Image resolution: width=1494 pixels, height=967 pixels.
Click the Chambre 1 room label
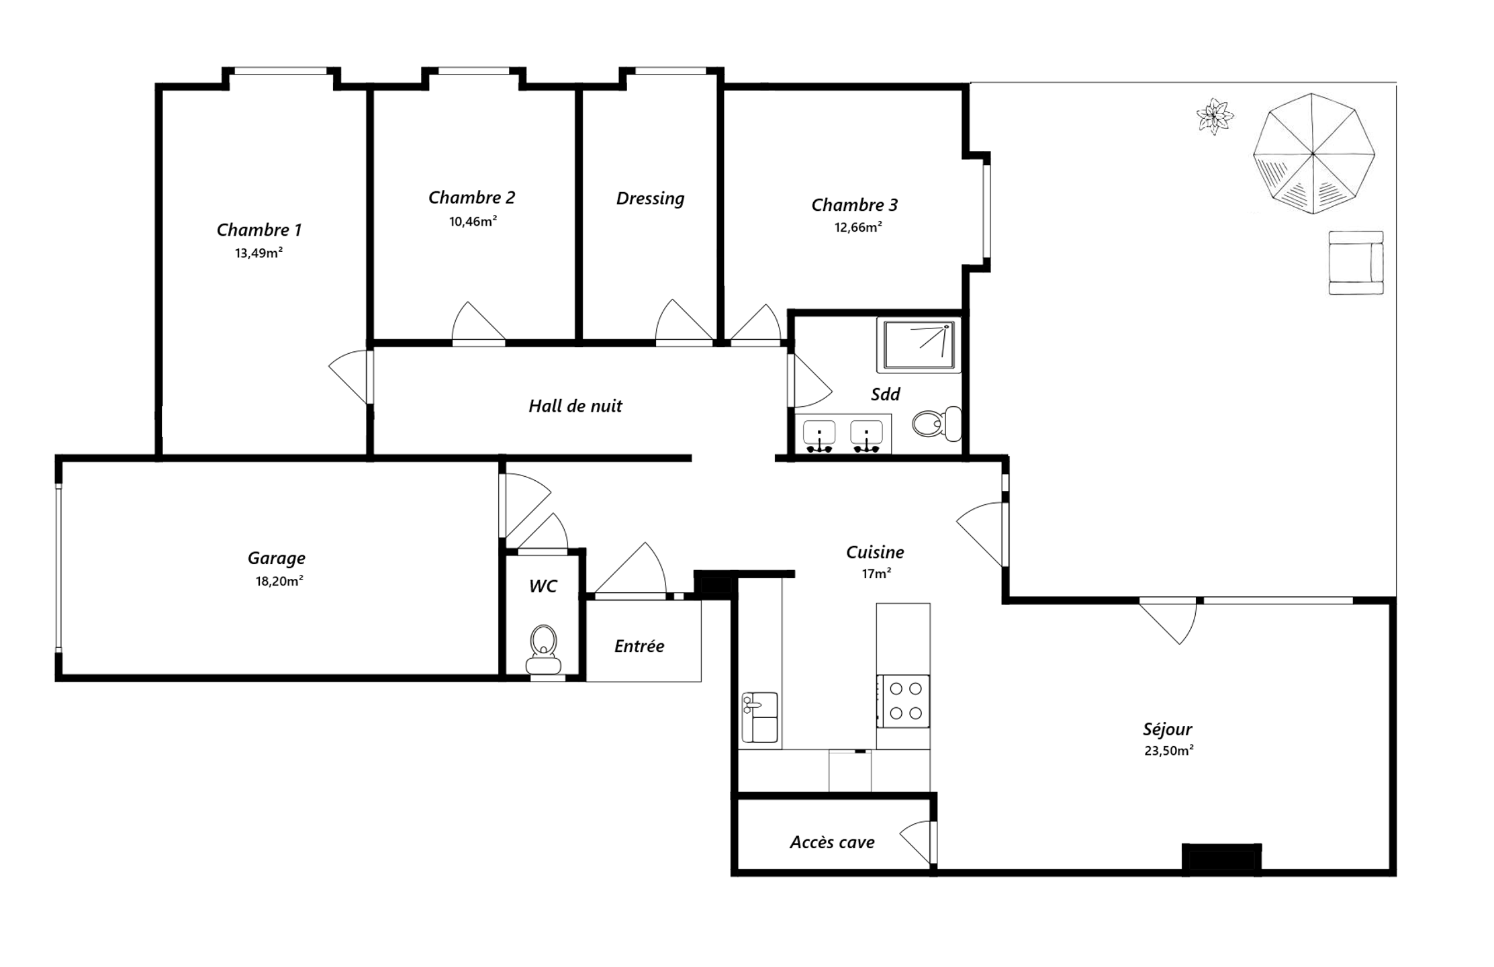point(259,230)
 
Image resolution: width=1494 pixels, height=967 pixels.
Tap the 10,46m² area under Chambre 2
point(473,221)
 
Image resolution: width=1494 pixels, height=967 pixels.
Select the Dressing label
point(650,199)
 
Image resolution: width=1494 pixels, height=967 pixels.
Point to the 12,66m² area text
point(858,227)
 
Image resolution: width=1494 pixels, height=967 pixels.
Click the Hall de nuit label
point(575,406)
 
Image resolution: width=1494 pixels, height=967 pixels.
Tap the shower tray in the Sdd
point(919,345)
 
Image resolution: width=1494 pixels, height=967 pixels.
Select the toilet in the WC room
point(543,649)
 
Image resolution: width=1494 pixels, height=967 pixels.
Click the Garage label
point(276,558)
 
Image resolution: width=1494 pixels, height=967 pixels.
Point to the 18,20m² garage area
point(279,581)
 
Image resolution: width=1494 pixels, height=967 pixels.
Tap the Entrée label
point(639,646)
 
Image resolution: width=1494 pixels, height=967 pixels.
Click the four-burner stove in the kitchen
point(903,701)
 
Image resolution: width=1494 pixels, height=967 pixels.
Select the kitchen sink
point(759,717)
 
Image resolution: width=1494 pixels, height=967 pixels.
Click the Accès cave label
point(832,842)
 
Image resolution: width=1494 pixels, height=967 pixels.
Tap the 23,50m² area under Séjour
point(1169,751)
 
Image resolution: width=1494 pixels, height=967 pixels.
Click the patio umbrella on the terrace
point(1313,154)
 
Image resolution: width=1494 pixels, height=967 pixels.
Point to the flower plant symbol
point(1215,116)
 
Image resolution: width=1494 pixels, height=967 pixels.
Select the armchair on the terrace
point(1356,263)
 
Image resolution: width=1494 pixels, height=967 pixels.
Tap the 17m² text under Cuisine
point(876,573)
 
